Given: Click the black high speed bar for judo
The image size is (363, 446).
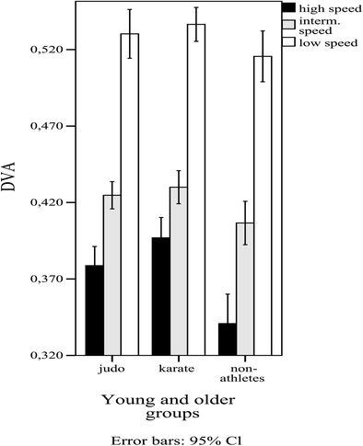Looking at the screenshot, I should point(94,310).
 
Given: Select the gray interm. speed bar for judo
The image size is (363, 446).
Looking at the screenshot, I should point(112,275).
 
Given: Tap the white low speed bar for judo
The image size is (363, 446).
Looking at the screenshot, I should point(130,194).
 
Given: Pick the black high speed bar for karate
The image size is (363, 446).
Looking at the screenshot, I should point(160,296).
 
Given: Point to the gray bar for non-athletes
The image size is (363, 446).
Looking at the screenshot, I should point(245,289).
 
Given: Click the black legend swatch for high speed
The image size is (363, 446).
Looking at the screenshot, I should point(289,8).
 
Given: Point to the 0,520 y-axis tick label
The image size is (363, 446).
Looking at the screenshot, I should point(47,50).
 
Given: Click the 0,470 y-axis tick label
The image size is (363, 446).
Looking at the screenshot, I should point(47,126).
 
